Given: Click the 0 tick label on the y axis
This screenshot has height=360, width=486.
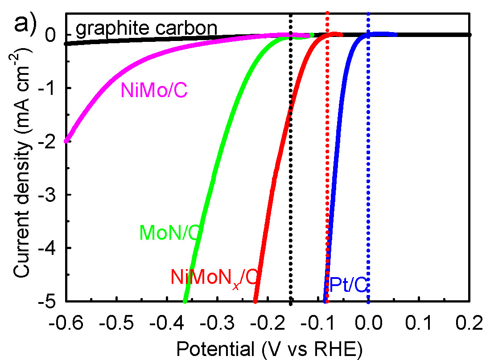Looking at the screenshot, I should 54,35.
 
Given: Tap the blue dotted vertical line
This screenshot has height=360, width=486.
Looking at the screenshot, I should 368,178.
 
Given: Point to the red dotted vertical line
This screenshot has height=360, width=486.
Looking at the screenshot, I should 327,178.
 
